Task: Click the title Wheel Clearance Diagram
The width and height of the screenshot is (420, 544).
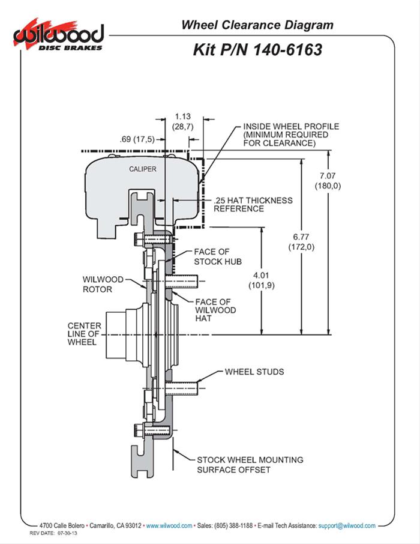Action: [257, 25]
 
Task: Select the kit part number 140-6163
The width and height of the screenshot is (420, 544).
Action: [257, 49]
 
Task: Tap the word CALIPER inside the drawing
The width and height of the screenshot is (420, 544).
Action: [142, 169]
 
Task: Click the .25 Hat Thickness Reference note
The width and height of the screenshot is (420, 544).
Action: [253, 205]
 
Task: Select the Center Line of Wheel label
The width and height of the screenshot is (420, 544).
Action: [84, 334]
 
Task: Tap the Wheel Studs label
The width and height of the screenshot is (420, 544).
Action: [254, 372]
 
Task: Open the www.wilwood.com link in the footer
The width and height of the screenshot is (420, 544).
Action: [169, 525]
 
